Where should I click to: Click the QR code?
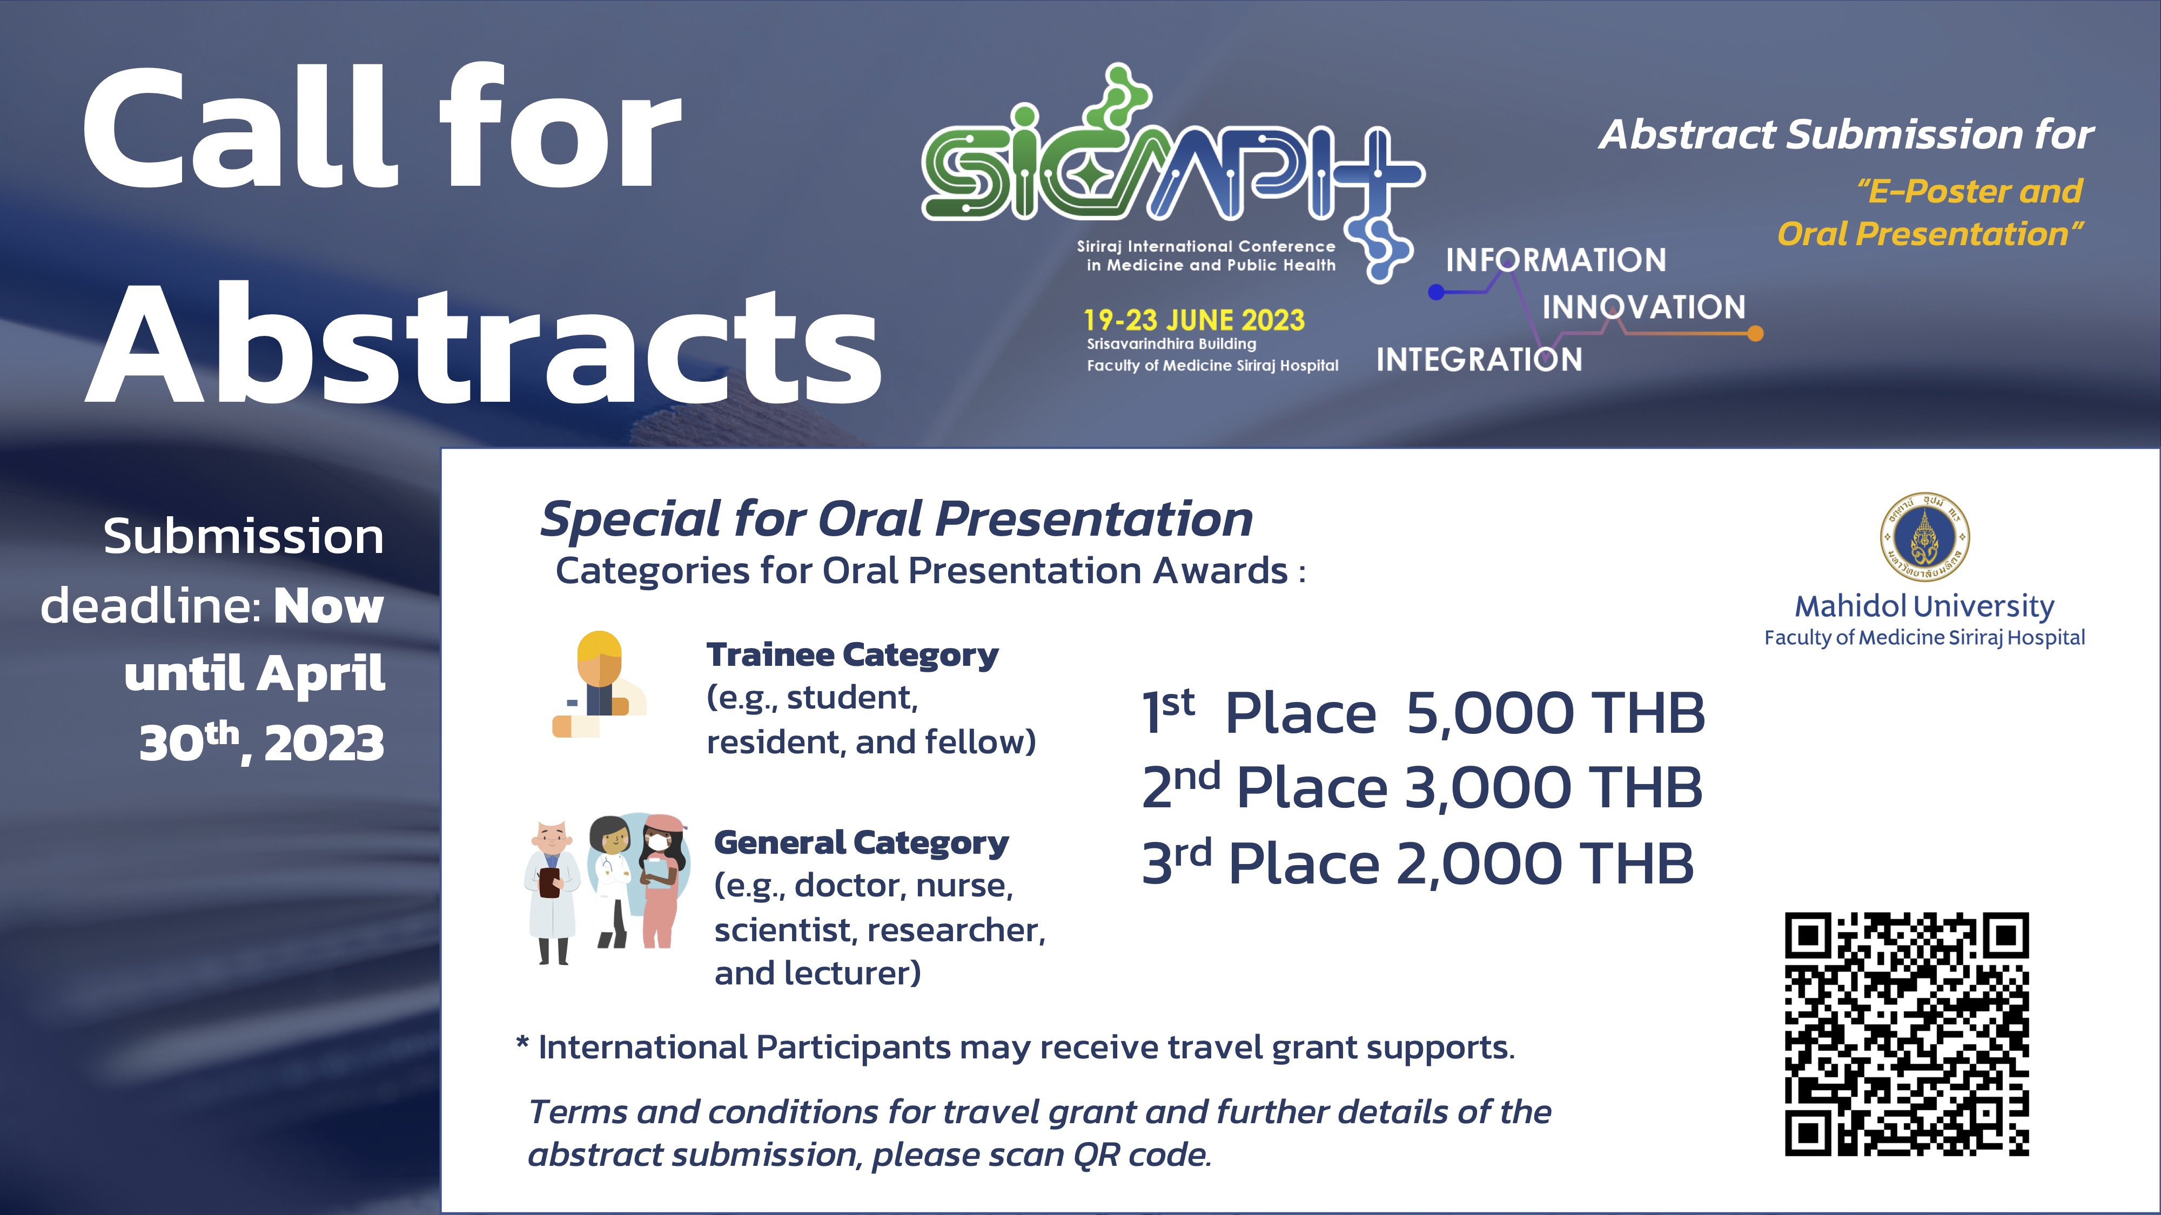[1906, 1035]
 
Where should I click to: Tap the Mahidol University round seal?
[1924, 537]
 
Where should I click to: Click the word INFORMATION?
[1556, 260]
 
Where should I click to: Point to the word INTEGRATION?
[1479, 360]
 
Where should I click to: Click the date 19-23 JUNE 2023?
[1194, 320]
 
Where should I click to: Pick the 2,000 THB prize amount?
[1545, 863]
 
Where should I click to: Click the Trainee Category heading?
[853, 655]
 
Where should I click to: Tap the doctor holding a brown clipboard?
[552, 892]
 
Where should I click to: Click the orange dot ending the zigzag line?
[1755, 334]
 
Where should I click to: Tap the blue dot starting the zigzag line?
[1436, 292]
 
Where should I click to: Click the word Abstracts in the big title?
[483, 344]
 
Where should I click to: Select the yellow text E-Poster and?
[1970, 191]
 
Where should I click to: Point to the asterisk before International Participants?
[522, 1043]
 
